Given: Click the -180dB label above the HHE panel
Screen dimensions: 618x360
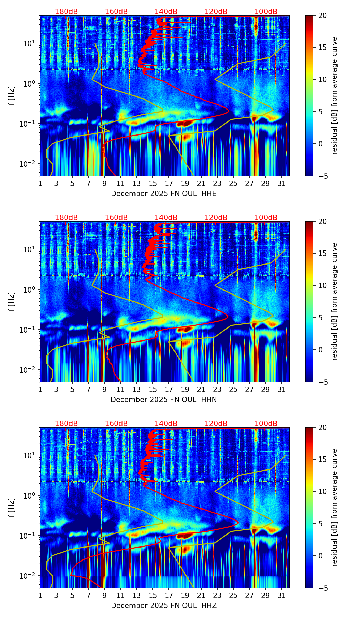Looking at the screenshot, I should tap(65, 12).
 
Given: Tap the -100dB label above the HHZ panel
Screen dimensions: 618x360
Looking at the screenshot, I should tap(265, 424).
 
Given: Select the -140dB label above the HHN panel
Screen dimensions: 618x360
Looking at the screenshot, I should tap(165, 218).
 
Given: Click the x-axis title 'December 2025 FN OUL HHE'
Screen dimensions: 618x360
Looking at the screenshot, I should tap(164, 194).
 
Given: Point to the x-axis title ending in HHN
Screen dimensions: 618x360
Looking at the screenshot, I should tap(164, 400).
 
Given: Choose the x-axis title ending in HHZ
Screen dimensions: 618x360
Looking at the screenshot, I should tap(164, 606).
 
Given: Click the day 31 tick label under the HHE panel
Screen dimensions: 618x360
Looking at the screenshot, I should tap(282, 184).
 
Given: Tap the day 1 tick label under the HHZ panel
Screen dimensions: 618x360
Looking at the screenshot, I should tap(40, 596).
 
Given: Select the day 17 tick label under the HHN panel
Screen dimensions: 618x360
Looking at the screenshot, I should tap(169, 390).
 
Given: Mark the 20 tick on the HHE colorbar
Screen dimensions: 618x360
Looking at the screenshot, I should tap(322, 15).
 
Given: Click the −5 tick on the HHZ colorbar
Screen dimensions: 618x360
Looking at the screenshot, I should tap(322, 588).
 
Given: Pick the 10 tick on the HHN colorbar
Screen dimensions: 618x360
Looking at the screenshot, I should tap(322, 285).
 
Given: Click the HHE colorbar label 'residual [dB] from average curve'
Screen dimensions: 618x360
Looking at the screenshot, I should tap(334, 95).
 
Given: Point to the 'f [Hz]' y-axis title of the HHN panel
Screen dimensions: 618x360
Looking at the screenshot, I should tap(12, 301).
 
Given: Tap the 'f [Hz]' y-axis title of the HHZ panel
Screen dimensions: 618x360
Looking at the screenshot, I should tap(12, 507).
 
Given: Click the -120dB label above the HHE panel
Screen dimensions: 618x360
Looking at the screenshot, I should tap(215, 12).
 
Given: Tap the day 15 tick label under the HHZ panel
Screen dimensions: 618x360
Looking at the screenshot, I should tap(153, 596).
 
